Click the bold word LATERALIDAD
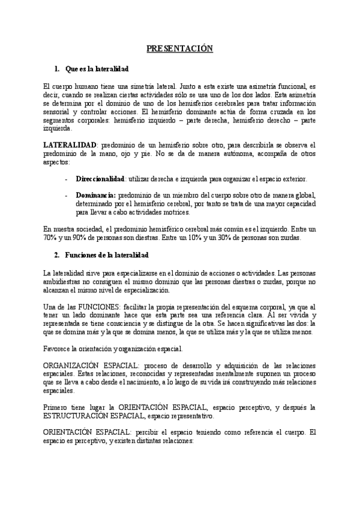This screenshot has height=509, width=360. (x=70, y=146)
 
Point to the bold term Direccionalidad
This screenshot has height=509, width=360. (x=100, y=179)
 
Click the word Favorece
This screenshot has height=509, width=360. (x=59, y=348)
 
